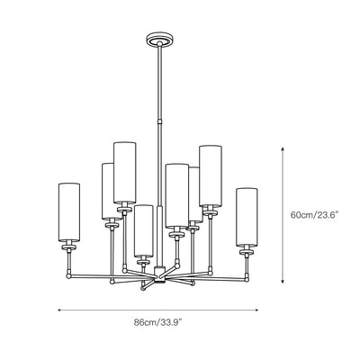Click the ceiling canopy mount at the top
160,40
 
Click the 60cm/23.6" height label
314,215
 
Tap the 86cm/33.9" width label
158,323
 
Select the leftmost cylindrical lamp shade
69,211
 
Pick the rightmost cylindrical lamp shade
247,217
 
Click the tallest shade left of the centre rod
124,173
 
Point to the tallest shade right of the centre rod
211,176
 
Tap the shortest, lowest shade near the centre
144,230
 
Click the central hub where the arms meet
159,274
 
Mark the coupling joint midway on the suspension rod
160,121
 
